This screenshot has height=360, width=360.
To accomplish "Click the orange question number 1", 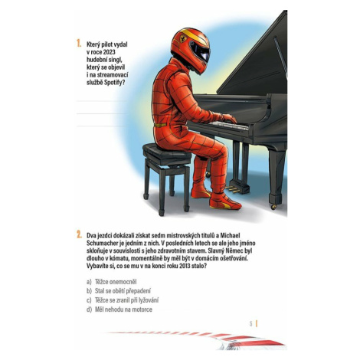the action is coord(79,44).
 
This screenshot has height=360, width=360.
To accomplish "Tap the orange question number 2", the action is coord(79,234).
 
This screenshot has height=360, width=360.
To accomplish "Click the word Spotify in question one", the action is coord(115,83).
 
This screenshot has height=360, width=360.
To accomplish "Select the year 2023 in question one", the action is coord(110,52).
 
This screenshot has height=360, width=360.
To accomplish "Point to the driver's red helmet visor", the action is coord(201,51).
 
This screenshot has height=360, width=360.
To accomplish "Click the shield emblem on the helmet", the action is coord(183,38).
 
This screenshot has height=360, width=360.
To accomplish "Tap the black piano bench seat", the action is coord(166,153).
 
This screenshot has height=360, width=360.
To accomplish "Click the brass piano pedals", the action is coord(232,189).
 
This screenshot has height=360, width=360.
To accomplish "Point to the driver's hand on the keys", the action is coord(229,119).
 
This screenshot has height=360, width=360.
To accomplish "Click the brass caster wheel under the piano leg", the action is coord(273,206).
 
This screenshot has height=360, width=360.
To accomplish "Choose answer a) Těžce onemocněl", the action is coord(112,282).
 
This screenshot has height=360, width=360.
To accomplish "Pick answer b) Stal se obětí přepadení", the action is coord(119,291).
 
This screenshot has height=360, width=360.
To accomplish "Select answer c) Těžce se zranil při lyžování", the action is coord(123,300).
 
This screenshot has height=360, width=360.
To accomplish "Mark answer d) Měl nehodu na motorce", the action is coord(119,309).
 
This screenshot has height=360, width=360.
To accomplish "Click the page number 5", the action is coord(250,324).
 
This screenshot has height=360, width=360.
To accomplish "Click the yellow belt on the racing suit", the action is coord(160,125).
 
